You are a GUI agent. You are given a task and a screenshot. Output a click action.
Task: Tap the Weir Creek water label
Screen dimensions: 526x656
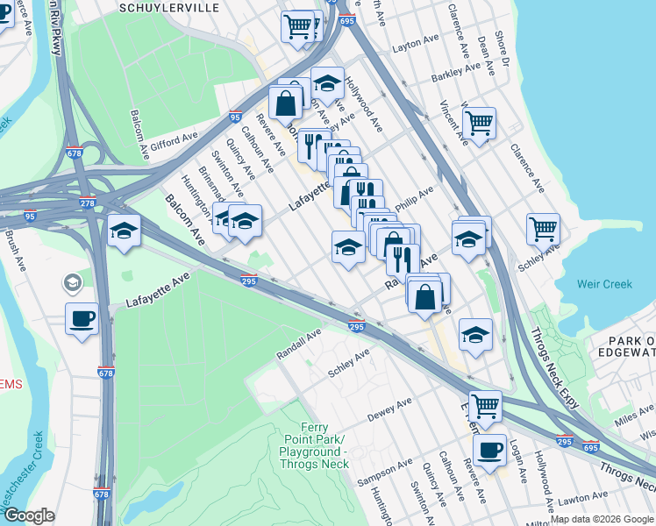coord(604,284)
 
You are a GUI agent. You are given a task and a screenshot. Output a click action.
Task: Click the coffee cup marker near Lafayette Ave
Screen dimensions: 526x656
coord(82,319)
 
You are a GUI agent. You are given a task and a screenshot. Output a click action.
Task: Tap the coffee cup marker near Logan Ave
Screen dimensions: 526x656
coord(489,451)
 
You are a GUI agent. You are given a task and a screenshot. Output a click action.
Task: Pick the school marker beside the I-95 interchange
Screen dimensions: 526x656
coord(124,231)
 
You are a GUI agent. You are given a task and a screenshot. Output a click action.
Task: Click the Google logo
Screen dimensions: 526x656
coord(29,515)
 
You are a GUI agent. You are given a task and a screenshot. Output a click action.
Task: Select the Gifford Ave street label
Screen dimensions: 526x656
coord(174,142)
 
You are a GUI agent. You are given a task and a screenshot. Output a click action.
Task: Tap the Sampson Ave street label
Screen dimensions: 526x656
coord(383,473)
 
